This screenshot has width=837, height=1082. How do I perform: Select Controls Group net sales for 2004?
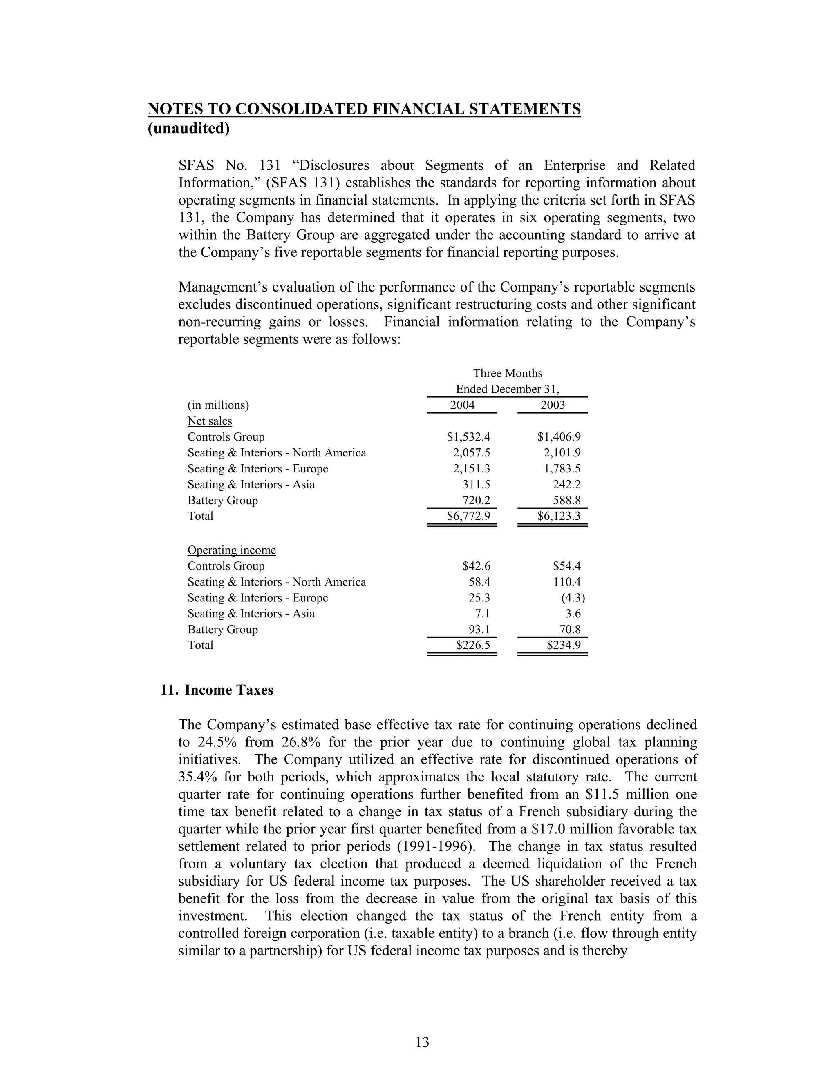coord(468,436)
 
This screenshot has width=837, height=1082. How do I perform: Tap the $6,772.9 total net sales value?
coord(468,516)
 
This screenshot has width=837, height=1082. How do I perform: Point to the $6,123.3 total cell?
coord(559,516)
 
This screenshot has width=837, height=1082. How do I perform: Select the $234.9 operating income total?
coord(563,645)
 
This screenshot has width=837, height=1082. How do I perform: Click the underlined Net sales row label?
coord(210,421)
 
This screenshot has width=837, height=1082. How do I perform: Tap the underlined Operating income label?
coord(232,550)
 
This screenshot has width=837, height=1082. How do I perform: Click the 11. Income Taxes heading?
coord(217,690)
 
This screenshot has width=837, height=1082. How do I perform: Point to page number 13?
coord(422,1042)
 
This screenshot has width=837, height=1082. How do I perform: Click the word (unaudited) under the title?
coord(189,128)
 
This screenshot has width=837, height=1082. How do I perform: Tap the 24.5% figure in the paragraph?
coord(219,742)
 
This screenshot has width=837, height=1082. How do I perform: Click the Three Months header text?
coord(507,373)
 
